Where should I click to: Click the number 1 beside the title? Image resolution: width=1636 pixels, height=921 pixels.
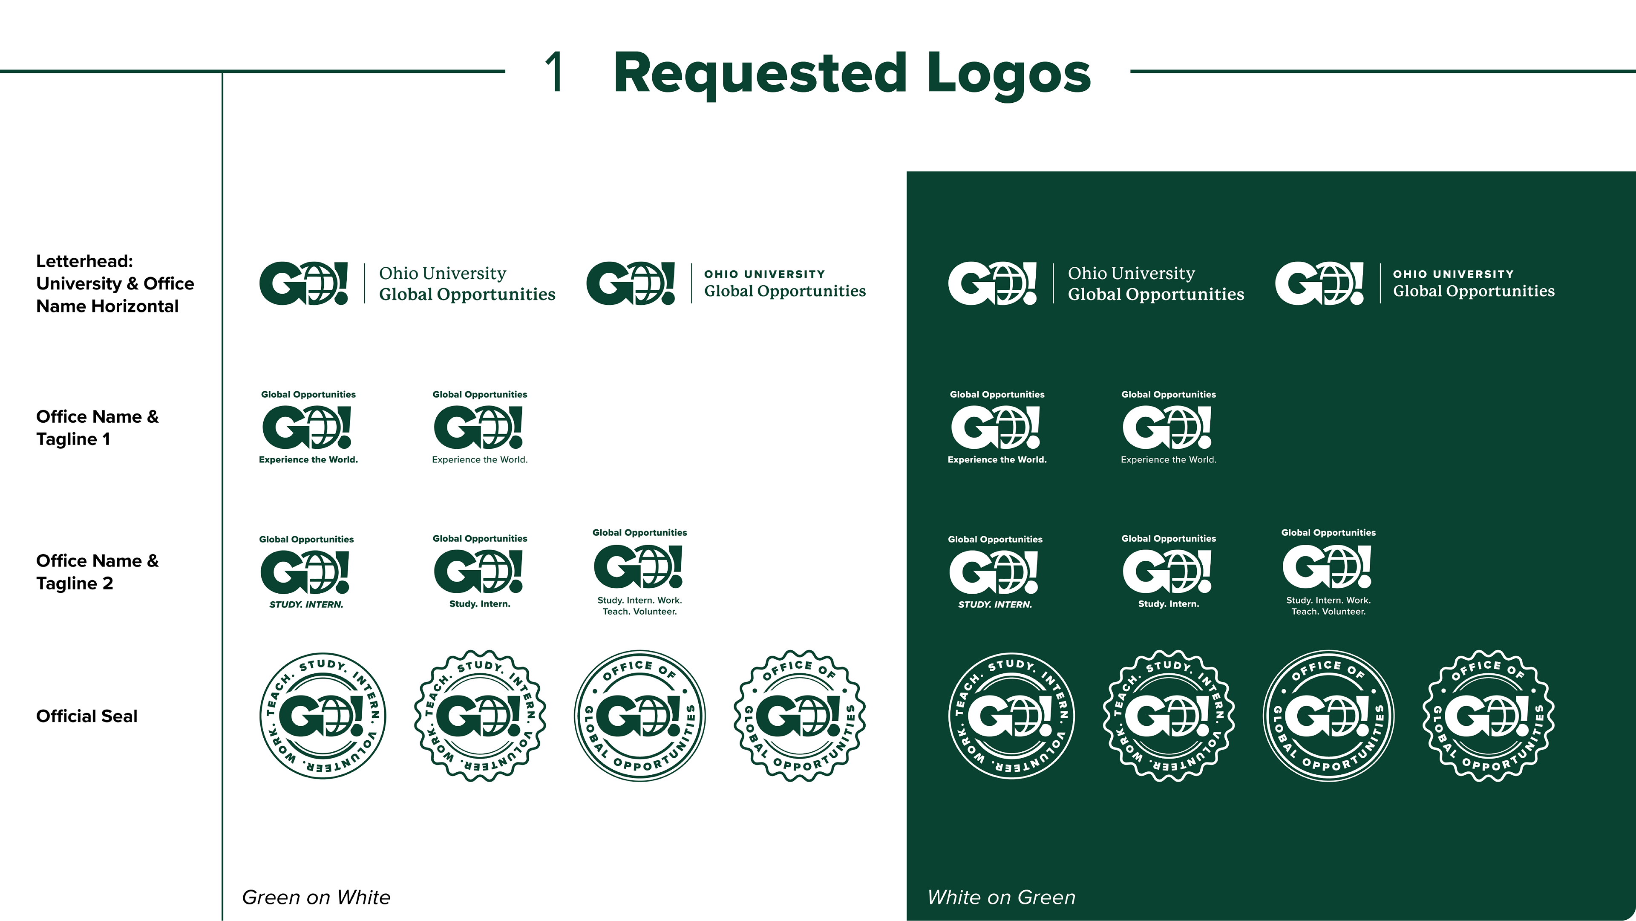(x=554, y=72)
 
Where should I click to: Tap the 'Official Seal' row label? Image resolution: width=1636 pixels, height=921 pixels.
(x=86, y=716)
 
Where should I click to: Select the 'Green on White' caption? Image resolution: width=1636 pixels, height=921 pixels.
(x=316, y=897)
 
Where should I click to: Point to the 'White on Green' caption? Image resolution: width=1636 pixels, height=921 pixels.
(x=1002, y=897)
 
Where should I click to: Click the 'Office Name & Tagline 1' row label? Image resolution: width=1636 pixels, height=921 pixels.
(x=97, y=427)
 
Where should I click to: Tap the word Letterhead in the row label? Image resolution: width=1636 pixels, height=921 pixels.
(x=84, y=261)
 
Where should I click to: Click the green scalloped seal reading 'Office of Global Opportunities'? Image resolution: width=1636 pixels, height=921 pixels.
(x=799, y=716)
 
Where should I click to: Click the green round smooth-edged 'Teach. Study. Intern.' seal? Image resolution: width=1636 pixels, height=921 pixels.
(x=324, y=716)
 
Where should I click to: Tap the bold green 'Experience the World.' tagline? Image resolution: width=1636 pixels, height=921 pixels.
(x=308, y=460)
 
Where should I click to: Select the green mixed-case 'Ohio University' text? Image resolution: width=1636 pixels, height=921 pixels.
(x=443, y=274)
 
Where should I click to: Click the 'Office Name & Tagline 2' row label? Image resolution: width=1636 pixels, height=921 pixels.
(x=97, y=572)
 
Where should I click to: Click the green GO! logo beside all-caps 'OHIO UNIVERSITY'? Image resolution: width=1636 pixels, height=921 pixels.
(x=630, y=283)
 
